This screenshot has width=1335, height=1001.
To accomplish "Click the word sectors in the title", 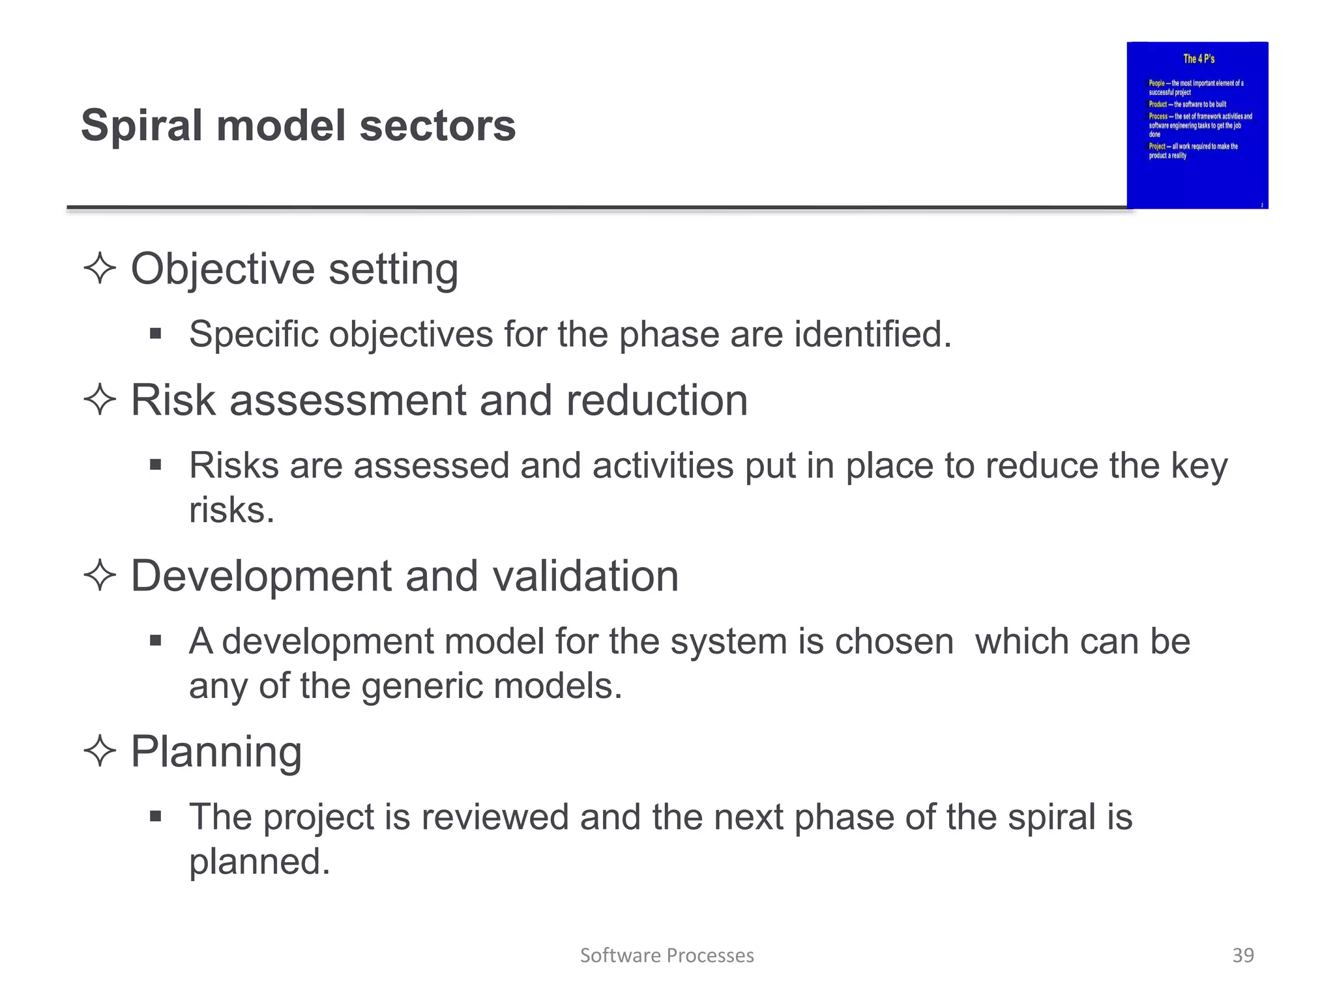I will click(x=437, y=126).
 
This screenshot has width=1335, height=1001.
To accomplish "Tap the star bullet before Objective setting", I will click(x=100, y=268).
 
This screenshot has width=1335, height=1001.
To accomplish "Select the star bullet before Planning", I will click(x=100, y=751).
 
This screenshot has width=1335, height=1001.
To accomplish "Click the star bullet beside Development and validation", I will click(x=100, y=575).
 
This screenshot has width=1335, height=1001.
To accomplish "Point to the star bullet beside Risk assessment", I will click(x=100, y=399).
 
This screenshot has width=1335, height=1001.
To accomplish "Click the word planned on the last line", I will click(x=259, y=862).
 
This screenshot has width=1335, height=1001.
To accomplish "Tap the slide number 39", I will click(x=1242, y=955).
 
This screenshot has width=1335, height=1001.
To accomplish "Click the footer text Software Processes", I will click(x=667, y=955).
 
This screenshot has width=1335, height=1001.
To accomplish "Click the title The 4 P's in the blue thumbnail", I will click(x=1199, y=59).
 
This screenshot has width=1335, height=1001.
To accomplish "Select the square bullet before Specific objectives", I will click(x=155, y=334).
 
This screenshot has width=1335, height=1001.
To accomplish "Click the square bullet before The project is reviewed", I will click(x=155, y=817).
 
